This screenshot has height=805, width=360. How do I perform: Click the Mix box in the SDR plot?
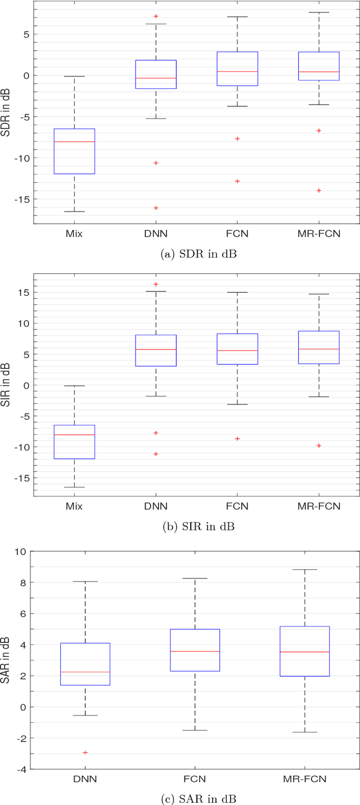click(x=74, y=151)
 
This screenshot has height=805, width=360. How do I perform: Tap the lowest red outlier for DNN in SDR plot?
click(x=156, y=208)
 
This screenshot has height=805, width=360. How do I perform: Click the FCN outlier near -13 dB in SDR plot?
click(x=237, y=181)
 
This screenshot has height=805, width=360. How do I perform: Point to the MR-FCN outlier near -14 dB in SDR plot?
click(x=319, y=190)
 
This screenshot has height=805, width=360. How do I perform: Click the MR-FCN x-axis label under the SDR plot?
click(x=319, y=233)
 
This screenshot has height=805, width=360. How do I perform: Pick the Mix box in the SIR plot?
click(x=74, y=442)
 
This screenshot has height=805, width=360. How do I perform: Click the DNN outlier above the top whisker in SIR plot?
click(x=156, y=284)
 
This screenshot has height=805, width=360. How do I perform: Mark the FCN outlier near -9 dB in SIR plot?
click(x=237, y=438)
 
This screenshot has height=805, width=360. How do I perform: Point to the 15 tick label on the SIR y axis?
click(x=23, y=293)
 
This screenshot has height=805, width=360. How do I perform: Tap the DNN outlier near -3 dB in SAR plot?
click(x=85, y=752)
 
